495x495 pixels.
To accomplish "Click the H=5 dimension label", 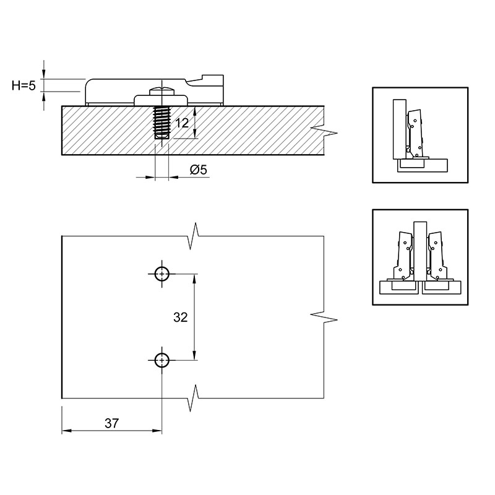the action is (x=24, y=85).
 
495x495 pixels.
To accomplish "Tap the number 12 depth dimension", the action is (x=182, y=123).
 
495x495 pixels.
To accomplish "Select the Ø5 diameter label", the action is (x=198, y=170).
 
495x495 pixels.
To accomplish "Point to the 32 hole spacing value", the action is (x=181, y=317).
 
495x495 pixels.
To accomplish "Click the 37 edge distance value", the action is (x=112, y=423).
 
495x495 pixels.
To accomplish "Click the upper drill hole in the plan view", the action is (x=162, y=273).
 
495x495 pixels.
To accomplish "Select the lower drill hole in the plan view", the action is (x=162, y=360).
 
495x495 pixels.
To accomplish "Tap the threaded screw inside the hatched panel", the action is (x=162, y=123).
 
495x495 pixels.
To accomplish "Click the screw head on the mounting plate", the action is (x=162, y=92).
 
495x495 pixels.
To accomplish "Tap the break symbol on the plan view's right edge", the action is (x=324, y=317).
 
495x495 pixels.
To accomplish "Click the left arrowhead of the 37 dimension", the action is (x=66, y=431).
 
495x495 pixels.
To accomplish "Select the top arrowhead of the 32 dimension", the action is (x=195, y=278).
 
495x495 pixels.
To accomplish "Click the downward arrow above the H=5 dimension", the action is (x=44, y=74).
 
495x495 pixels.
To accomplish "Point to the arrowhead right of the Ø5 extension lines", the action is (x=174, y=177).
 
